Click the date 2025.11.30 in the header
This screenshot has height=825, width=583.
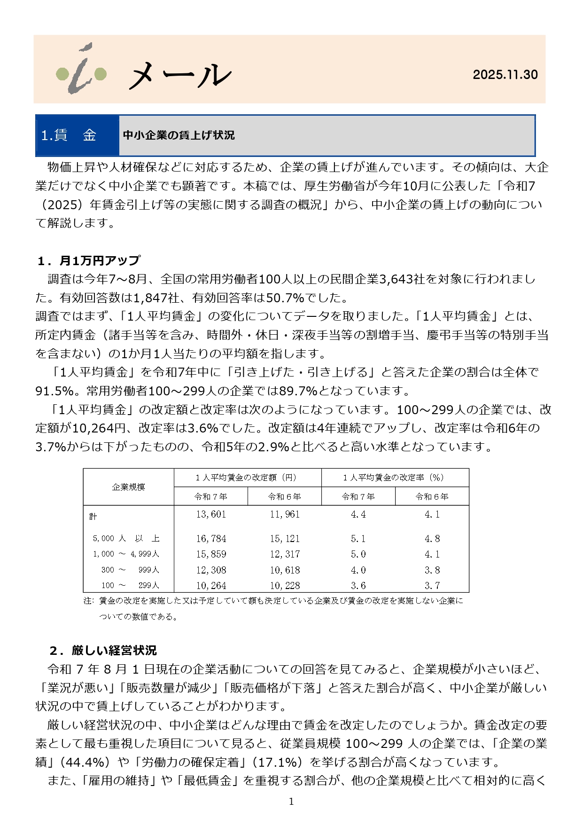click(505, 75)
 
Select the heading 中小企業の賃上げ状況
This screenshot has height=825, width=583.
click(179, 135)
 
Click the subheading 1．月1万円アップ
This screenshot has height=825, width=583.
click(89, 260)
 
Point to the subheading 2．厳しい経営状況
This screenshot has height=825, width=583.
click(103, 651)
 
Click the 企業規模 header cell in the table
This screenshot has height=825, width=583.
click(128, 487)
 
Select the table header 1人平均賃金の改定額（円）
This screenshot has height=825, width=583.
click(247, 478)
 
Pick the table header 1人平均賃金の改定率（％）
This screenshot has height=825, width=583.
click(395, 478)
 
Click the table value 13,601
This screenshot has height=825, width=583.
click(211, 515)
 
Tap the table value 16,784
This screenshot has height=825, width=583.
click(211, 539)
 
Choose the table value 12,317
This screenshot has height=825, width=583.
click(285, 554)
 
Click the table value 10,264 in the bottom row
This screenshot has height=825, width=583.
click(211, 586)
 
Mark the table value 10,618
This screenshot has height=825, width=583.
click(285, 570)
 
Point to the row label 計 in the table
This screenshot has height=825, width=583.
click(93, 516)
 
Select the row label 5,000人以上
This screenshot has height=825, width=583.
click(126, 539)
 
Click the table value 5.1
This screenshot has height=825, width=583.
click(358, 539)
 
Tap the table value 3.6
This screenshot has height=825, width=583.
click(358, 586)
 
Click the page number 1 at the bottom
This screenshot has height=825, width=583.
click(291, 801)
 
